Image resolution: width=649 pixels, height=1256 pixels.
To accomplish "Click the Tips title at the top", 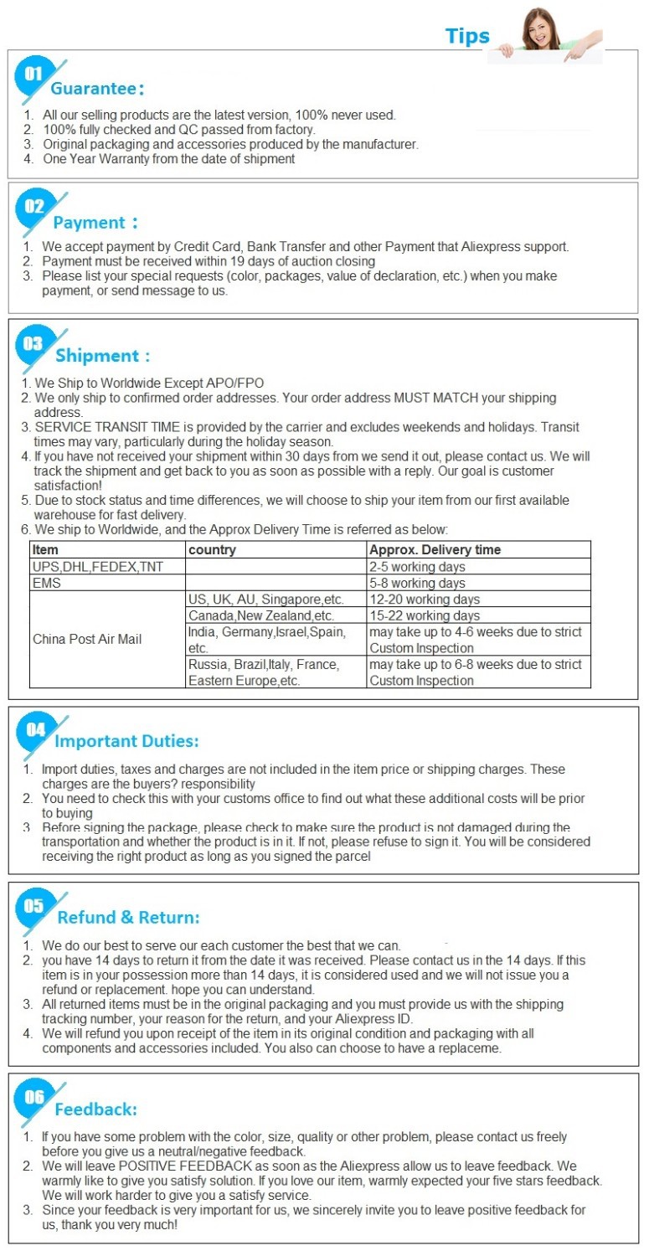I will pos(467,36).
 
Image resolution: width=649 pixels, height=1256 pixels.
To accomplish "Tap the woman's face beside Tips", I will pos(536,26).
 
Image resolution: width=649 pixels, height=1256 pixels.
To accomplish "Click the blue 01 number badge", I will pos(33,75).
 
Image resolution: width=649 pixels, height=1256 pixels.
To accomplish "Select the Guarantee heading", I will pos(98,89).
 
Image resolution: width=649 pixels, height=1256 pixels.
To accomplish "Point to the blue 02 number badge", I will pos(33,206).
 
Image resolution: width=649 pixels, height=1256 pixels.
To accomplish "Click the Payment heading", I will pos(95,223).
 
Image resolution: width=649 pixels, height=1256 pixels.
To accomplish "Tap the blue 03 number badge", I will pos(33,343).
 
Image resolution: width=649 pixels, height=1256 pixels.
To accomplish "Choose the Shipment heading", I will pos(102,357).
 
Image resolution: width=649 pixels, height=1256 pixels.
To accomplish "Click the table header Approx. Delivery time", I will pos(435,550).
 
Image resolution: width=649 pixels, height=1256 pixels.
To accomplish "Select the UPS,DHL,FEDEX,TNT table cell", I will pos(98,567).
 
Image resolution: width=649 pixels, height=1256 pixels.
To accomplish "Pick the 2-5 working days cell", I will pos(417,567).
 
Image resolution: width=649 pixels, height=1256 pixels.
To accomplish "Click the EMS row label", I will pos(47,583).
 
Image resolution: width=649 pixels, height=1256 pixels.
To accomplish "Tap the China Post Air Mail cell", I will pos(87,640).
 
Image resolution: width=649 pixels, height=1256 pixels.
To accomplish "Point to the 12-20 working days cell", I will pos(425,600).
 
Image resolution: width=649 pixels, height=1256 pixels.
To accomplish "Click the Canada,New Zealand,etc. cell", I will pos(250,615).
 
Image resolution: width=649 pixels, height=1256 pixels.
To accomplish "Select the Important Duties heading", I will pos(126,741).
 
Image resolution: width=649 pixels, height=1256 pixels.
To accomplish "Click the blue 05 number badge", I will pos(33,905).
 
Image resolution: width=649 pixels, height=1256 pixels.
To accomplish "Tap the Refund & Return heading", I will pos(128,918).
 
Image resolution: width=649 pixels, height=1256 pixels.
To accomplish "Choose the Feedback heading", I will pos(95,1109).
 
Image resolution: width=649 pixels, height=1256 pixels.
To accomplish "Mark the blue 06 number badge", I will pos(33,1096).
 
